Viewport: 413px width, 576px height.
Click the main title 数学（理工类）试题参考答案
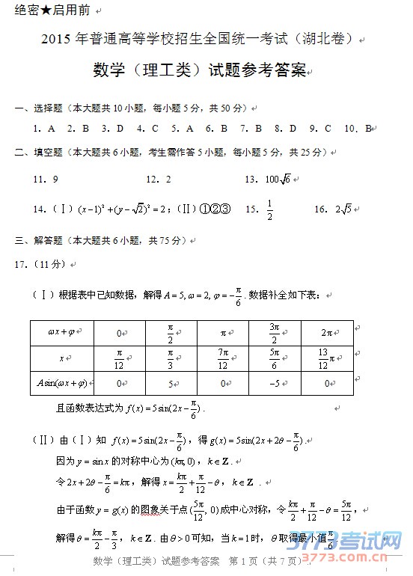coord(200,71)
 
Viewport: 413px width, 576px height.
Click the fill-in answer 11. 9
coord(46,180)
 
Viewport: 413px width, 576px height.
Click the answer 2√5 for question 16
coord(349,209)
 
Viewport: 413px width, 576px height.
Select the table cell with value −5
coord(275,384)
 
